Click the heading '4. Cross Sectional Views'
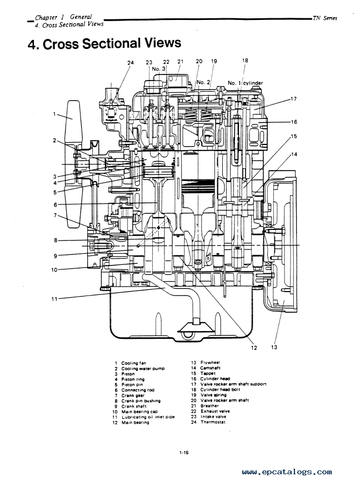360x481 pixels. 104,43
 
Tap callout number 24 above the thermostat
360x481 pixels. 131,63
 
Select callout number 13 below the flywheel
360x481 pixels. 274,347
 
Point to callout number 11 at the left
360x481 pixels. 54,299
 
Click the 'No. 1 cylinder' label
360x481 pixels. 245,83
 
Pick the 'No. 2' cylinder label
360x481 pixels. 203,82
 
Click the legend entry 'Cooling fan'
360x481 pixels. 133,363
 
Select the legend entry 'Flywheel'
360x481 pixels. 210,362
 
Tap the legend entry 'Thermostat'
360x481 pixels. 213,422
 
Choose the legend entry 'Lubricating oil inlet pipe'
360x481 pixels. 148,417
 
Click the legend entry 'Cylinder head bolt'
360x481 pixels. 220,389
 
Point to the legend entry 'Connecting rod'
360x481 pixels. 138,390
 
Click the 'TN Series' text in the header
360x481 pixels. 324,18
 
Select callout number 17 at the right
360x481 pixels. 293,99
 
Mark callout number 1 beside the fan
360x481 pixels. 54,114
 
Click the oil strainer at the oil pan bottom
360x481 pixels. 196,329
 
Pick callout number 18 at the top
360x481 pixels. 245,61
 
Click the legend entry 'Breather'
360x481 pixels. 209,405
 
